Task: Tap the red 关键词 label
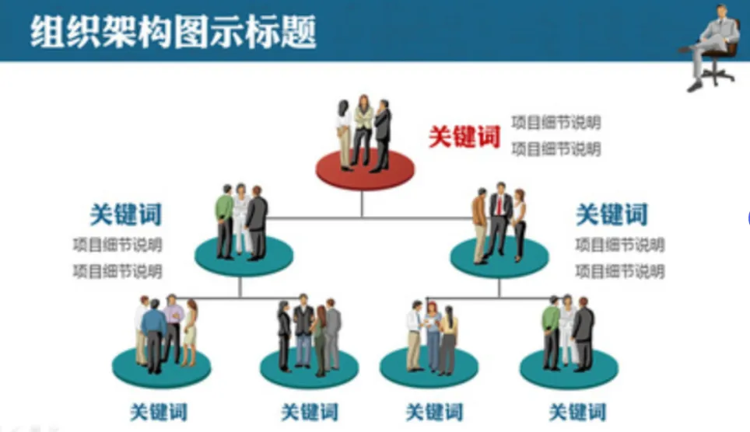pyautogui.click(x=464, y=137)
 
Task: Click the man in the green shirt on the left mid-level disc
pyautogui.click(x=224, y=221)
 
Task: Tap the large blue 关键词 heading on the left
pyautogui.click(x=125, y=214)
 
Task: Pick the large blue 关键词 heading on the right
pyautogui.click(x=612, y=214)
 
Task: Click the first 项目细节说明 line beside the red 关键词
pyautogui.click(x=555, y=123)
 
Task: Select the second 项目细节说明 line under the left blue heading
pyautogui.click(x=117, y=271)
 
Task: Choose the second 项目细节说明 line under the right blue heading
pyautogui.click(x=619, y=271)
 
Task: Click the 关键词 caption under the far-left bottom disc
pyautogui.click(x=158, y=411)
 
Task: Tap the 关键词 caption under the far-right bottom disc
pyautogui.click(x=577, y=411)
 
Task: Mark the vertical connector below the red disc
pyautogui.click(x=362, y=202)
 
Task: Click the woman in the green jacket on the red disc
pyautogui.click(x=363, y=128)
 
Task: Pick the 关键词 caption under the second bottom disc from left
pyautogui.click(x=309, y=411)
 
